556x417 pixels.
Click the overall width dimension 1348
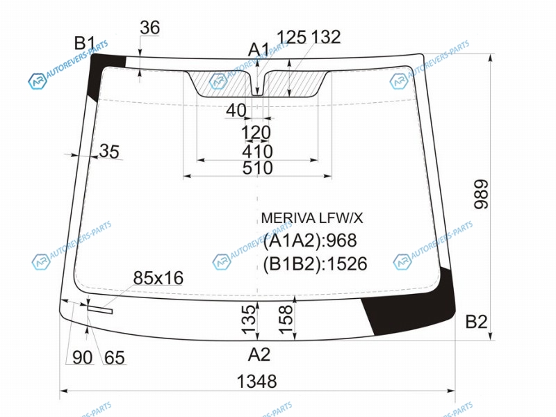[256, 382]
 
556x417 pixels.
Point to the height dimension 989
[482, 195]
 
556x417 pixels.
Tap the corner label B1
[84, 44]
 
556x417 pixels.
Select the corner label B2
[476, 322]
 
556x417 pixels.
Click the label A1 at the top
[259, 49]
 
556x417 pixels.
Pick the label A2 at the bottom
[259, 354]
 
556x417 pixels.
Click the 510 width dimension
[257, 168]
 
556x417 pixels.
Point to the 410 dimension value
[257, 152]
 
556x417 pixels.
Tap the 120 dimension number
[256, 133]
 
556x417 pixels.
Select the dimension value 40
[236, 111]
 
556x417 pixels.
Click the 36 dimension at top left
[149, 28]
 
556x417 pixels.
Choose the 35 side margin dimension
[109, 152]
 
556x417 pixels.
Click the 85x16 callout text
[158, 278]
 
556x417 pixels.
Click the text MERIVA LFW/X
[312, 218]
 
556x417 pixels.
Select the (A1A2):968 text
[310, 240]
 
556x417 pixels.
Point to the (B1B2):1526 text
[315, 264]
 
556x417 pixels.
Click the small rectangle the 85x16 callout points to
[100, 309]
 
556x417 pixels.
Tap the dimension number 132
[326, 37]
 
